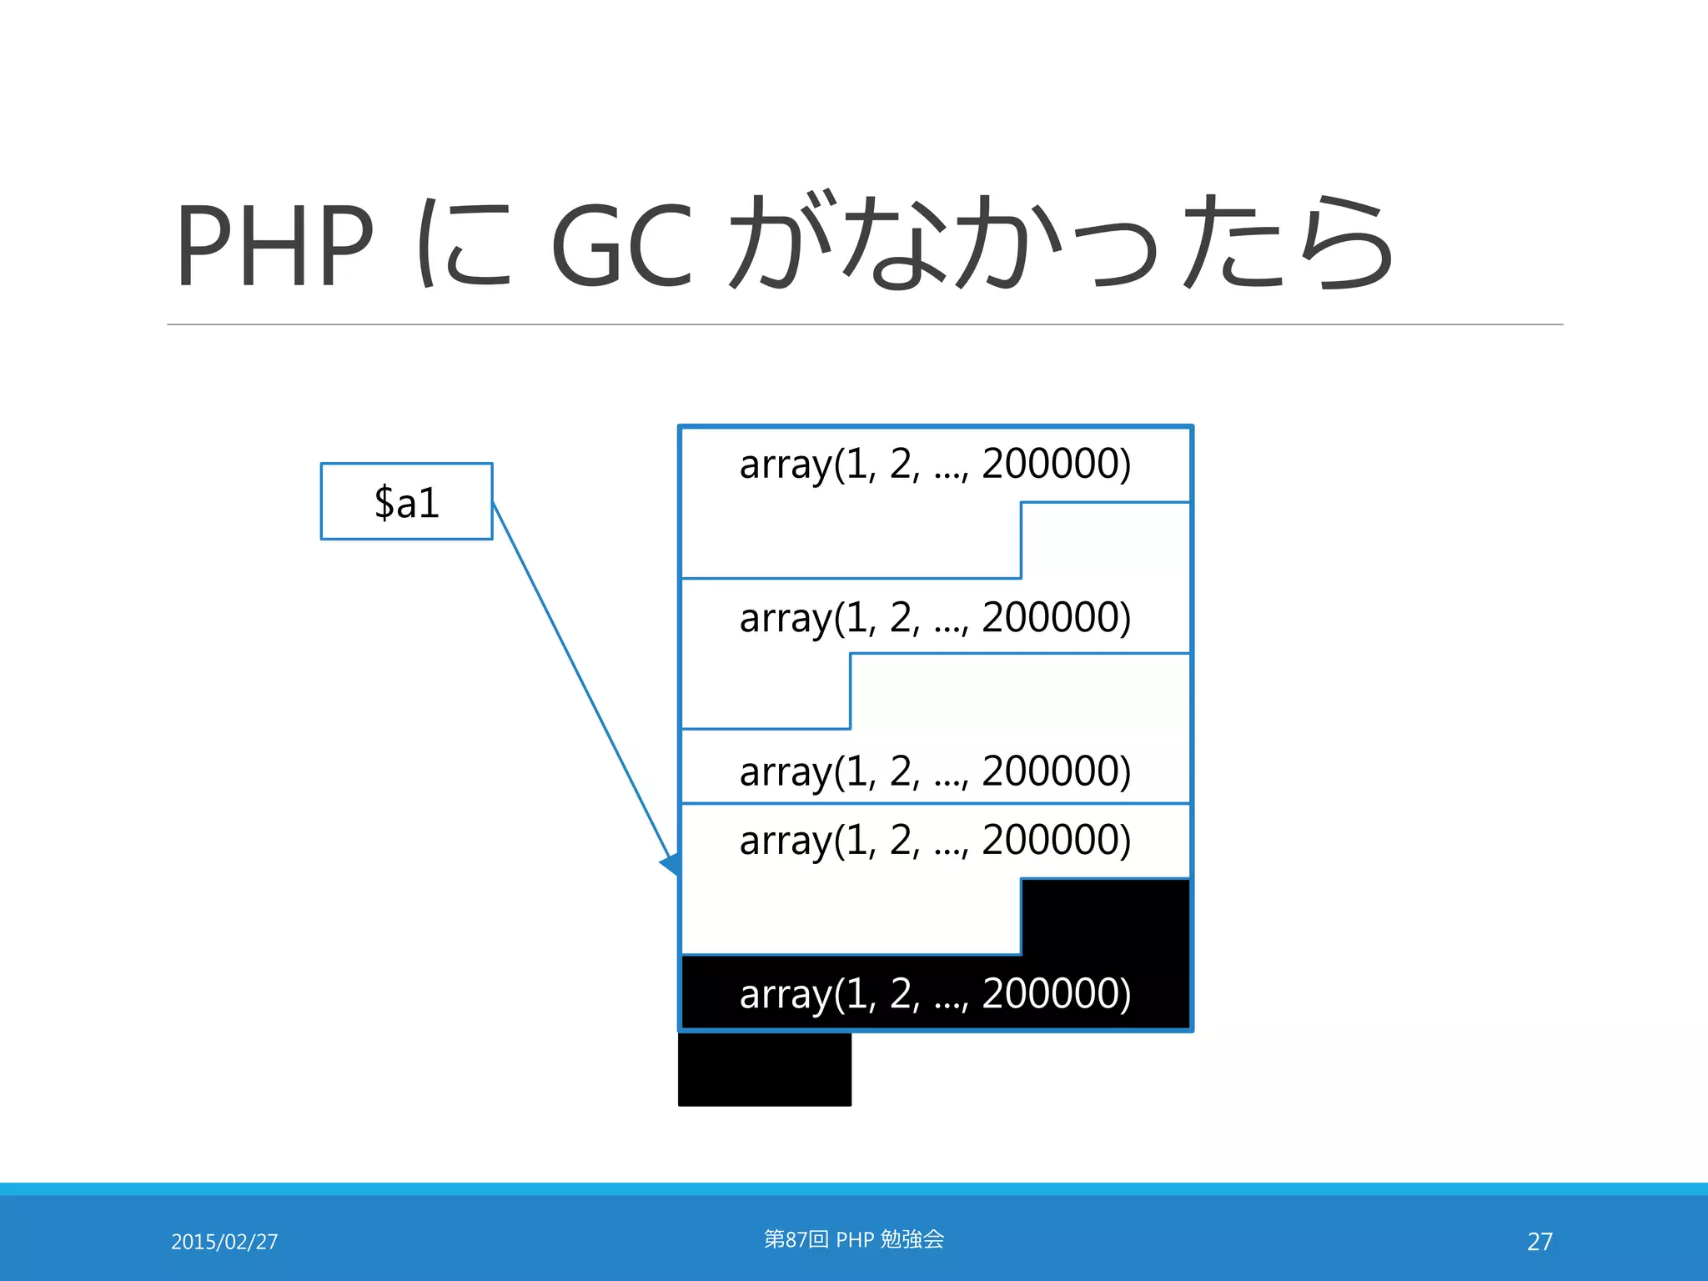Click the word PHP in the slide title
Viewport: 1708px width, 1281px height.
click(274, 245)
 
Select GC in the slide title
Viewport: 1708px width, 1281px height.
click(622, 245)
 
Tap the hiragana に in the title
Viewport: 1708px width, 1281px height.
click(464, 245)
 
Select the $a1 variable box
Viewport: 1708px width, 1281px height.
click(406, 501)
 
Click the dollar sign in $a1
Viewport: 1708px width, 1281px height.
click(384, 503)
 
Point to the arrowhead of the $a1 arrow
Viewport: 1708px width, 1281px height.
click(671, 865)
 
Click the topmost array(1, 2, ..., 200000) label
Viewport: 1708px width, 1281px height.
click(935, 465)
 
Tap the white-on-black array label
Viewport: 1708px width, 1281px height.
click(935, 994)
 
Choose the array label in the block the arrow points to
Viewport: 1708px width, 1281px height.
click(935, 841)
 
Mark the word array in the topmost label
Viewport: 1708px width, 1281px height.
click(785, 465)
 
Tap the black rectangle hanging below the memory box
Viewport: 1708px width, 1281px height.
click(765, 1069)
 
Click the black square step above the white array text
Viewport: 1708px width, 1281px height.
click(1106, 916)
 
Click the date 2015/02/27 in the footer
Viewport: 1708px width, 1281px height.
click(224, 1242)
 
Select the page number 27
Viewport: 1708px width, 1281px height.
click(1540, 1242)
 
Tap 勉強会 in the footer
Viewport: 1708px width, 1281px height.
click(912, 1239)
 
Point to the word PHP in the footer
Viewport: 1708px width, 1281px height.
click(855, 1240)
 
